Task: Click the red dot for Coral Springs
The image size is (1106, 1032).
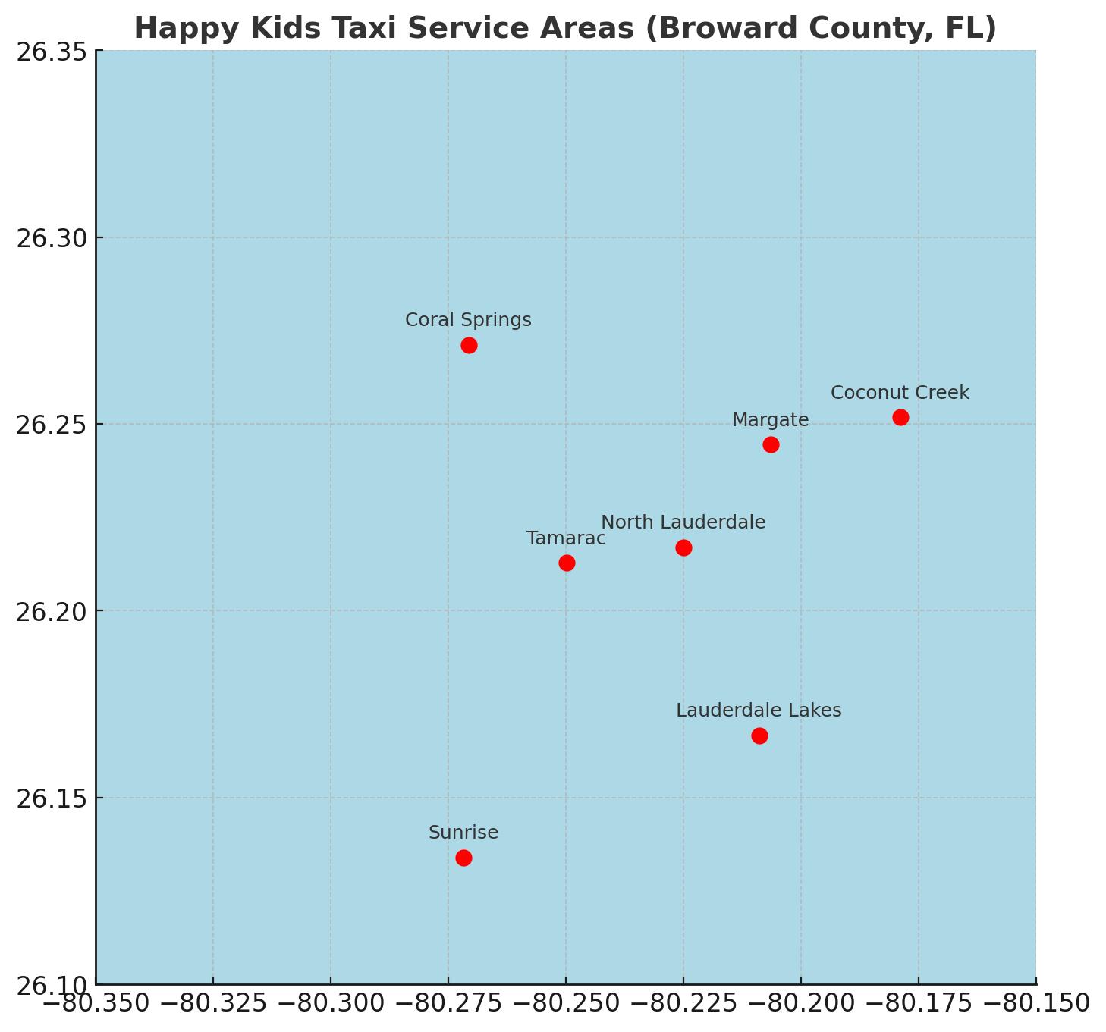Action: (x=469, y=345)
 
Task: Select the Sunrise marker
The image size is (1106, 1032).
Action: (x=463, y=858)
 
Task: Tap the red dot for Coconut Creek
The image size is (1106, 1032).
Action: (x=900, y=417)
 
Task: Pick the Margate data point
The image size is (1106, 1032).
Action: (x=771, y=444)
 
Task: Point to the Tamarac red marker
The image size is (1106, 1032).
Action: (x=567, y=563)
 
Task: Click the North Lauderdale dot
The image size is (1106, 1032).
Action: (x=683, y=547)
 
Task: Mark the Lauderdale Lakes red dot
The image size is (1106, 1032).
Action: (x=759, y=736)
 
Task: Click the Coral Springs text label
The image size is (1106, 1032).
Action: (x=468, y=320)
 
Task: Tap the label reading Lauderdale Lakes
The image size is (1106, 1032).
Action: (x=759, y=710)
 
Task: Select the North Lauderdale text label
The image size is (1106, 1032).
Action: (x=683, y=522)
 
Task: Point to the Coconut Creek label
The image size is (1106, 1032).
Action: (x=900, y=393)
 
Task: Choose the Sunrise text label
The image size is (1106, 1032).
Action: (x=463, y=833)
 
